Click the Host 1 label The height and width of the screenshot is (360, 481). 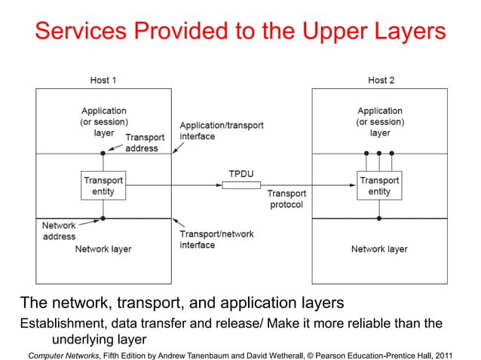click(x=103, y=80)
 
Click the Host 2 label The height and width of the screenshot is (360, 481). click(x=380, y=80)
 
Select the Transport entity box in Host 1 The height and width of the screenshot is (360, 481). click(x=103, y=185)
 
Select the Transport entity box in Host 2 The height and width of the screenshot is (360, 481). click(x=379, y=185)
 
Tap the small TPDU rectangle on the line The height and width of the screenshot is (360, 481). click(x=241, y=185)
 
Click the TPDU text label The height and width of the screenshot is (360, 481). click(x=241, y=173)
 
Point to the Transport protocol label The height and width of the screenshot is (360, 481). click(x=286, y=199)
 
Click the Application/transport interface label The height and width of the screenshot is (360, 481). click(x=221, y=130)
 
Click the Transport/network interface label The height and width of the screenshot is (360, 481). click(x=216, y=239)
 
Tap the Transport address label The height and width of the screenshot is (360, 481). click(x=142, y=143)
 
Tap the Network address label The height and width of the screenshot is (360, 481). click(x=59, y=230)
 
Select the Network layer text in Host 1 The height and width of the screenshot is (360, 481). click(x=103, y=249)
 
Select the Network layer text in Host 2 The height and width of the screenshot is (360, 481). click(x=379, y=249)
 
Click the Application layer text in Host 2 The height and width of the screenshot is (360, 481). click(x=380, y=122)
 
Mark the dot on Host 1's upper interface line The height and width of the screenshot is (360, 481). click(x=103, y=154)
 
